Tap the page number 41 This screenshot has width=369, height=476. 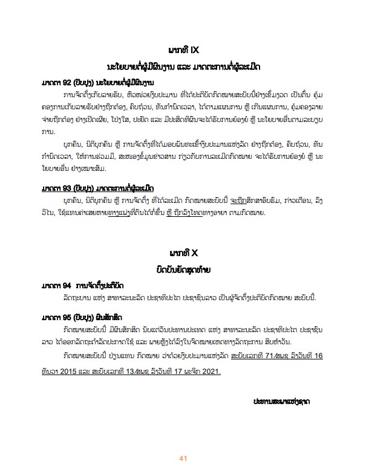click(182, 459)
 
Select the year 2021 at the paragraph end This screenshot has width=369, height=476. click(208, 371)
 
